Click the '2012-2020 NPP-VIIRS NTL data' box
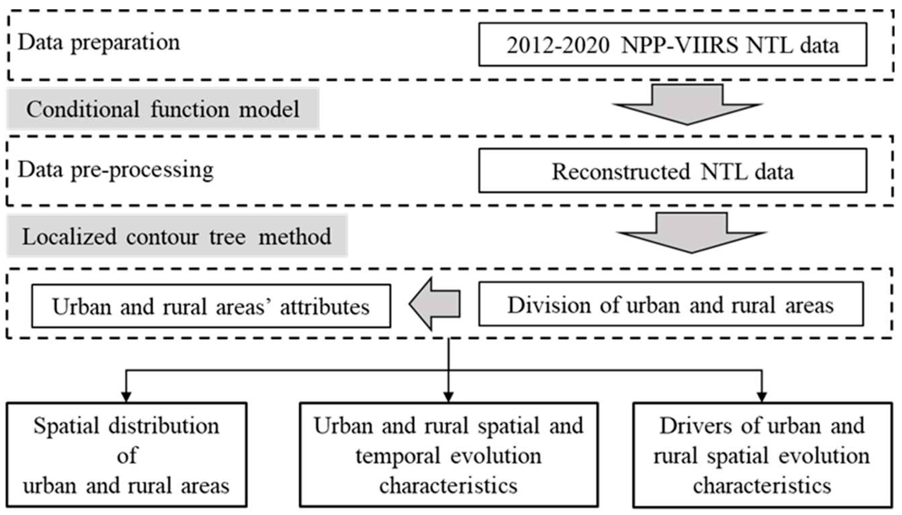click(672, 45)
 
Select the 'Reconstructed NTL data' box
click(672, 171)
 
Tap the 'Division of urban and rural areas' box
click(671, 304)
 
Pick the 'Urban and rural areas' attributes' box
click(211, 306)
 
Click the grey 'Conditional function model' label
click(163, 109)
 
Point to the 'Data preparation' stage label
click(99, 43)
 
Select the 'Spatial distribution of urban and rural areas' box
click(126, 455)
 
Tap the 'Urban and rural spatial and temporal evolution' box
click(449, 455)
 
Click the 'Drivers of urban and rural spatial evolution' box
click(762, 455)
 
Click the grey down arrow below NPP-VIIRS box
click(687, 104)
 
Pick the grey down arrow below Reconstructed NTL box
click(691, 232)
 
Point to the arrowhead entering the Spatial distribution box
click(126, 397)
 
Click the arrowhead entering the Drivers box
click(761, 397)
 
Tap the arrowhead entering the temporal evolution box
click(449, 397)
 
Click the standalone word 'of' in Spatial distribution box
click(127, 456)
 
